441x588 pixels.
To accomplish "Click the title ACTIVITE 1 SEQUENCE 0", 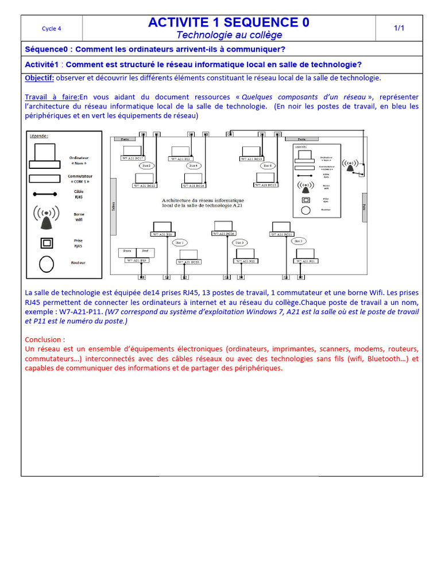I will tap(229, 22).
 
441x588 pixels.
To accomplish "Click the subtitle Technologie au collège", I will tap(229, 35).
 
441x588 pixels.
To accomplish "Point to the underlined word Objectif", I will tap(40, 78).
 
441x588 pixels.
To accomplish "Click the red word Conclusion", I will tap(45, 339).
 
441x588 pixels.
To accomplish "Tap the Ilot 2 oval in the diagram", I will tap(146, 165).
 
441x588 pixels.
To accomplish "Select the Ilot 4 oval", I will tap(194, 165).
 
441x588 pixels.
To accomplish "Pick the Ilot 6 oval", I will tap(268, 165).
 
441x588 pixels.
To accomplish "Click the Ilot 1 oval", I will tap(180, 243).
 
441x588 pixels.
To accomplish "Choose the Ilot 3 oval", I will tap(241, 243).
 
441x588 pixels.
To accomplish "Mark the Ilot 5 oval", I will tap(299, 241).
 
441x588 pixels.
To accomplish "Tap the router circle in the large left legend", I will tap(47, 264).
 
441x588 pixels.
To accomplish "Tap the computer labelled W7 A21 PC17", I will tap(132, 152).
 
